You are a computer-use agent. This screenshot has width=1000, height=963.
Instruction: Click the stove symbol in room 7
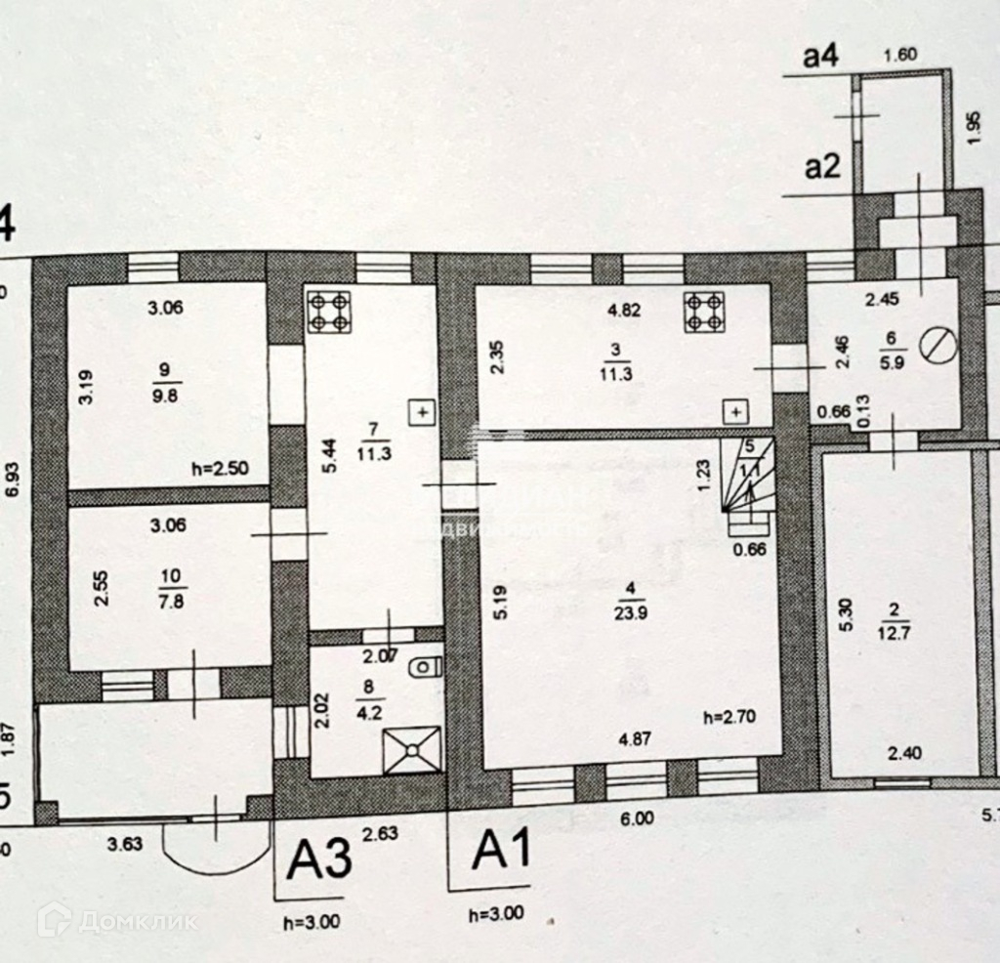tap(328, 311)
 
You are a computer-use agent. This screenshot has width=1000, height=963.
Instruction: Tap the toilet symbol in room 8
tap(424, 669)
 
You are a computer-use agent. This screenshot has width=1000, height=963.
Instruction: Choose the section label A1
tap(501, 851)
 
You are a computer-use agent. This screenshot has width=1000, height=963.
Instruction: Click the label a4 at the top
tap(820, 58)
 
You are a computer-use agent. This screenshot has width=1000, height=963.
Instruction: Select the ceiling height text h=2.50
tap(222, 468)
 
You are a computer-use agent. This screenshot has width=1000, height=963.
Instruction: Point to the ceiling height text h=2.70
tap(729, 716)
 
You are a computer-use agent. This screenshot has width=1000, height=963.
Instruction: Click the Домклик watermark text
tap(137, 920)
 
